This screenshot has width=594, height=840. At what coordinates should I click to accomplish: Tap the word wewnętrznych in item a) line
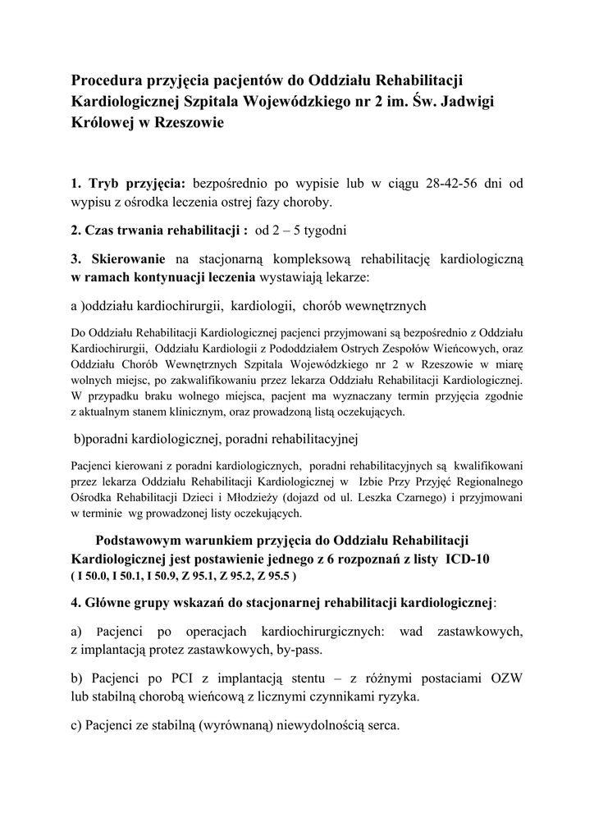[380, 307]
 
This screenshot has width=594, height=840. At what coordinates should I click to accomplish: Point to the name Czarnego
[401, 497]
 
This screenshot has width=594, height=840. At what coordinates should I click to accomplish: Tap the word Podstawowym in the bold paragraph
[140, 541]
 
